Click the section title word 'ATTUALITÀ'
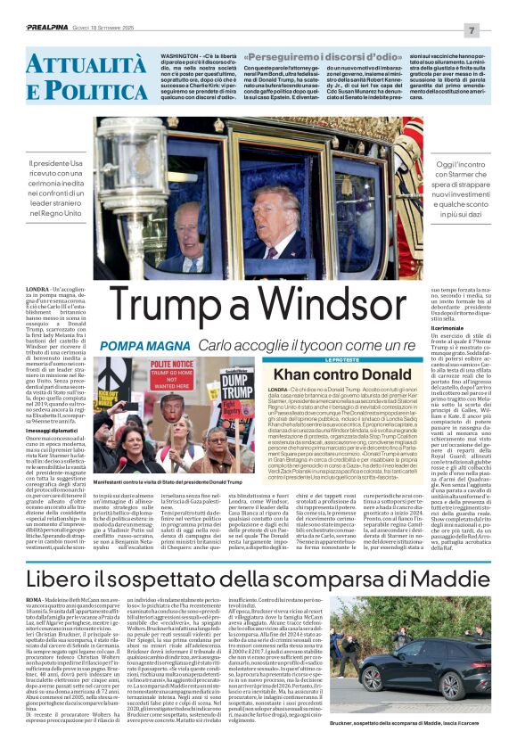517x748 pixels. [x=75, y=62]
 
